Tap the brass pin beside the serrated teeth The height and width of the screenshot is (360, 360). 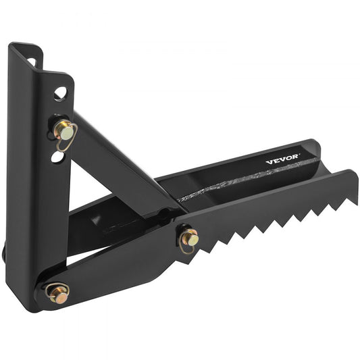coord(189,237)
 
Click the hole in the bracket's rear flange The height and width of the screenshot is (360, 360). coord(32,62)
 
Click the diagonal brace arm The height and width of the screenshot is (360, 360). coord(122,162)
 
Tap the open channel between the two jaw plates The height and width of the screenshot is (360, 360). coord(284,177)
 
